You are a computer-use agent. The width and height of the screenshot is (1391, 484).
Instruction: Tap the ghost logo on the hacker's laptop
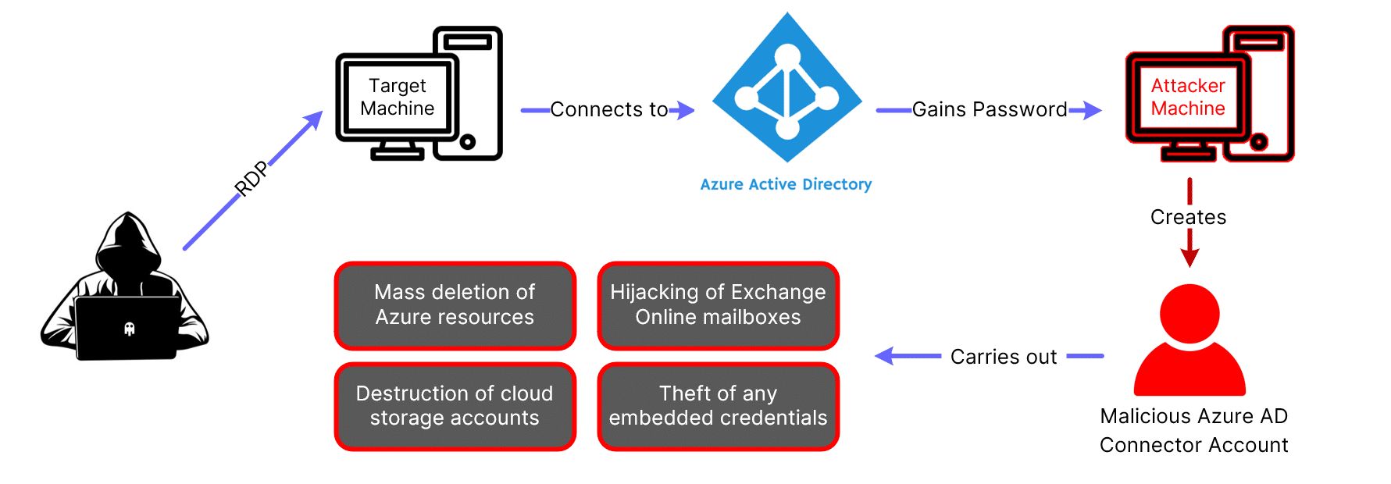(130, 329)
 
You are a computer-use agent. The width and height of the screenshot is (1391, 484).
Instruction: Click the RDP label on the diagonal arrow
(251, 179)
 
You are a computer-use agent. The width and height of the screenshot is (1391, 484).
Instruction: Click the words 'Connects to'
(608, 109)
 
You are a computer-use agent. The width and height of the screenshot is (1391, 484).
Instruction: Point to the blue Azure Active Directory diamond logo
(787, 88)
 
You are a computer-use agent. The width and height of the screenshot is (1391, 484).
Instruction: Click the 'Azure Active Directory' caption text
(786, 184)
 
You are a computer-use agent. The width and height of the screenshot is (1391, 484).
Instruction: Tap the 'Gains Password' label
(989, 109)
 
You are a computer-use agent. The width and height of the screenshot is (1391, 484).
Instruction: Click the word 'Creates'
(1188, 217)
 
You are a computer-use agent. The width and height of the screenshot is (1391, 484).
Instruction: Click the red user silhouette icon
(1189, 340)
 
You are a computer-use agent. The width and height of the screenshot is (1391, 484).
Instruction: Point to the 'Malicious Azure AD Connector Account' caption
(1193, 430)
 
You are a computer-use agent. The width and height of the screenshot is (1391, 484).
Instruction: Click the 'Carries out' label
(1004, 357)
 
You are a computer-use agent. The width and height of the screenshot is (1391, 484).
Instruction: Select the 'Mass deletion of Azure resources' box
(455, 305)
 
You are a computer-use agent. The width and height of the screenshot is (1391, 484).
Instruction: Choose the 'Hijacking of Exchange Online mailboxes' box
(718, 305)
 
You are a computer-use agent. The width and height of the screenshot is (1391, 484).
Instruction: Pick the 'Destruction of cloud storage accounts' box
(455, 406)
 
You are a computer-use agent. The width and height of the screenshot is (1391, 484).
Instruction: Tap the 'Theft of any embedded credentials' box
(718, 406)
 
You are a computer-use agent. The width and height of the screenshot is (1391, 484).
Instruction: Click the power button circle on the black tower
(468, 141)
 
